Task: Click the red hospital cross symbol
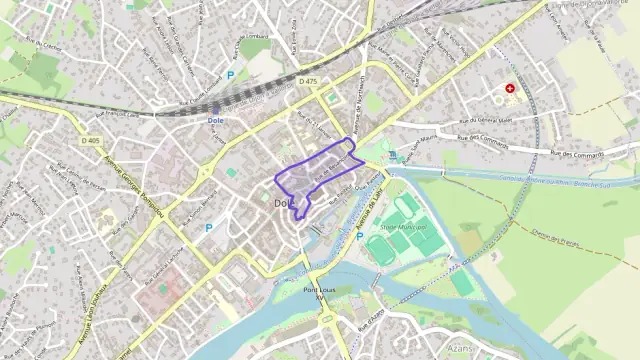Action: (511, 89)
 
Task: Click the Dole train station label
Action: (215, 120)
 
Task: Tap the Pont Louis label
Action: (319, 290)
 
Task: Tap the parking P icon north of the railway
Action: (231, 73)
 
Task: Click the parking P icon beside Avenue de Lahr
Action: (359, 236)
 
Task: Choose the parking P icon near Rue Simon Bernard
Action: (208, 228)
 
